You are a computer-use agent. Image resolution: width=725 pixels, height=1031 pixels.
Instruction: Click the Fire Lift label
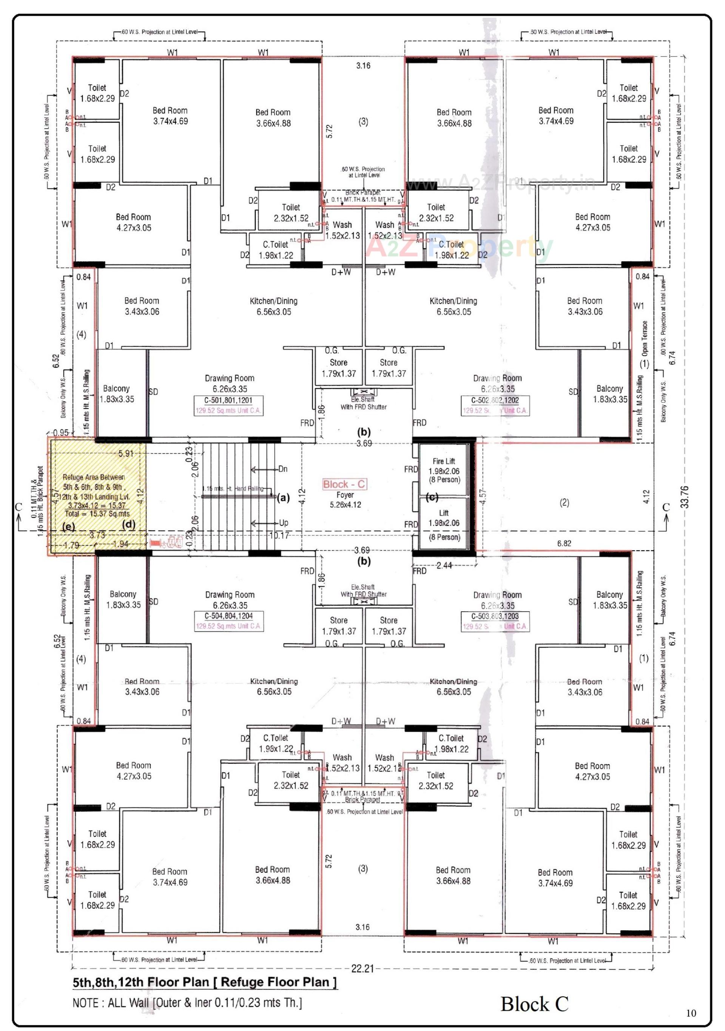click(443, 461)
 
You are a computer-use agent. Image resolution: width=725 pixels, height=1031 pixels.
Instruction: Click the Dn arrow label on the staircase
click(282, 469)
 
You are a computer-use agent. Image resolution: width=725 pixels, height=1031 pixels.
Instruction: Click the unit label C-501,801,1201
click(228, 400)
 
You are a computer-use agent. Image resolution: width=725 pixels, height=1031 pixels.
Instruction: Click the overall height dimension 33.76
click(685, 497)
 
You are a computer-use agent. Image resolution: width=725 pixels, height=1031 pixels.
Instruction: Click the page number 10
click(691, 1013)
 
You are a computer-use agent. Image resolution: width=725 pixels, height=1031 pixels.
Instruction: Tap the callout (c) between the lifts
click(431, 497)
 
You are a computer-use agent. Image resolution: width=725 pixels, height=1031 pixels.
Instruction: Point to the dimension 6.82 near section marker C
click(564, 543)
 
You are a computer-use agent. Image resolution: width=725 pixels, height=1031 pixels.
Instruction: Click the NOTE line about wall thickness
click(187, 1003)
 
